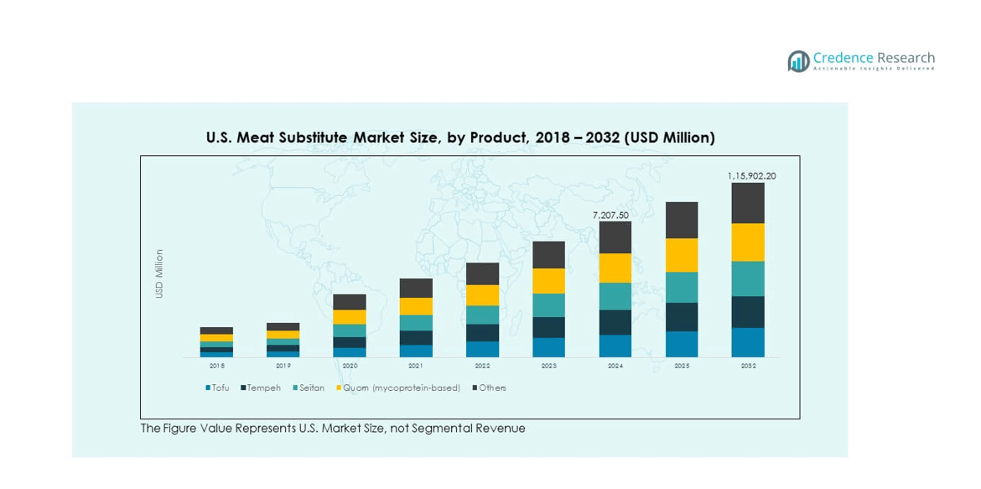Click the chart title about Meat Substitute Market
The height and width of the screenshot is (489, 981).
click(460, 137)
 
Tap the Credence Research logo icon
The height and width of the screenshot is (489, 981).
click(798, 61)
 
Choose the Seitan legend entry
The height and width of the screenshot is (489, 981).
click(311, 388)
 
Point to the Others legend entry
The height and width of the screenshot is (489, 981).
click(492, 388)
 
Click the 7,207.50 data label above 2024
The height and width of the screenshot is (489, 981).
click(610, 216)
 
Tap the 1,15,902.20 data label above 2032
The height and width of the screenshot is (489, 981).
click(750, 176)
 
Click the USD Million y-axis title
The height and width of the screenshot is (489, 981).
click(159, 273)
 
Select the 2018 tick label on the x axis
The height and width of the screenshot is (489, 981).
click(216, 366)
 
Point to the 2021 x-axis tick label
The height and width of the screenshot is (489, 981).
click(416, 366)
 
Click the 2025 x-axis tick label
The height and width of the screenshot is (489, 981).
click(682, 366)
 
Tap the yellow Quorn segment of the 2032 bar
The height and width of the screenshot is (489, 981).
click(748, 242)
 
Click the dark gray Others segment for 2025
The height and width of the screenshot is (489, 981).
click(682, 220)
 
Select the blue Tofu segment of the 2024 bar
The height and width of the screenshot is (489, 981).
click(615, 346)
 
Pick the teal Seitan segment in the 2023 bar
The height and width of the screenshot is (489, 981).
click(548, 304)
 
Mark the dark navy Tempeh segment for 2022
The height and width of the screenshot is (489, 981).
click(482, 332)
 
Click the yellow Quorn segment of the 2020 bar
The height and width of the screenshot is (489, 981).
click(350, 316)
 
